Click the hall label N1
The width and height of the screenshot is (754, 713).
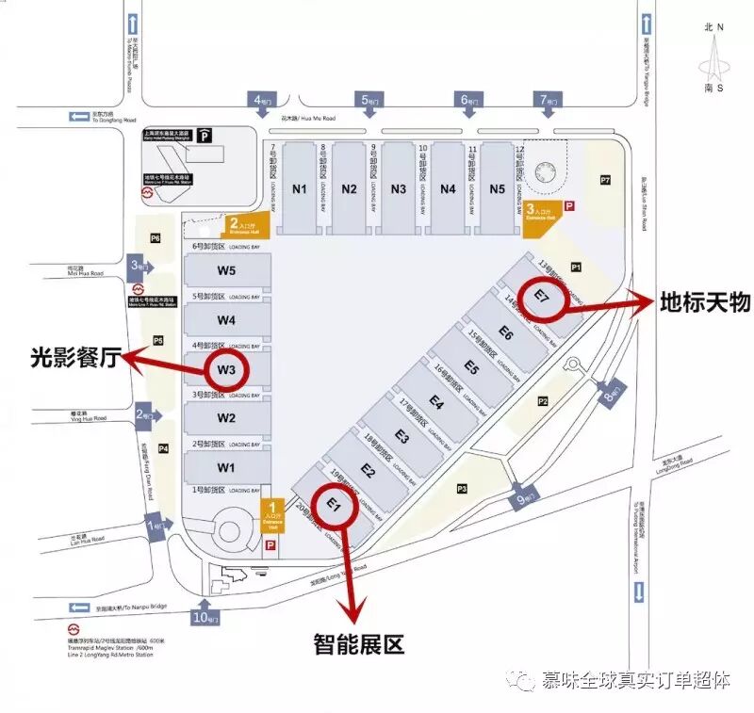300,188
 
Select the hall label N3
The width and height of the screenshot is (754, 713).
398,188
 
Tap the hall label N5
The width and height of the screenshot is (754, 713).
497,188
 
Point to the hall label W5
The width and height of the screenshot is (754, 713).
226,271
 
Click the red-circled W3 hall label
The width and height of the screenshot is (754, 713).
226,369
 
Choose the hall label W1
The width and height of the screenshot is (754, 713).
226,466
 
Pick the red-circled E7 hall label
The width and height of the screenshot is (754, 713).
543,295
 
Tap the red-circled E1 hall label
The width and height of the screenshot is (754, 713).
333,505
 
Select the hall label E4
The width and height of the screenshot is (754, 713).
435,402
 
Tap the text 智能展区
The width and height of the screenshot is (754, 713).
358,645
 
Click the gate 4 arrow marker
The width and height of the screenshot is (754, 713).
261,100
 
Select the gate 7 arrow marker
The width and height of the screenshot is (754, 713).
546,100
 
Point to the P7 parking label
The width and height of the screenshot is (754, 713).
605,179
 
